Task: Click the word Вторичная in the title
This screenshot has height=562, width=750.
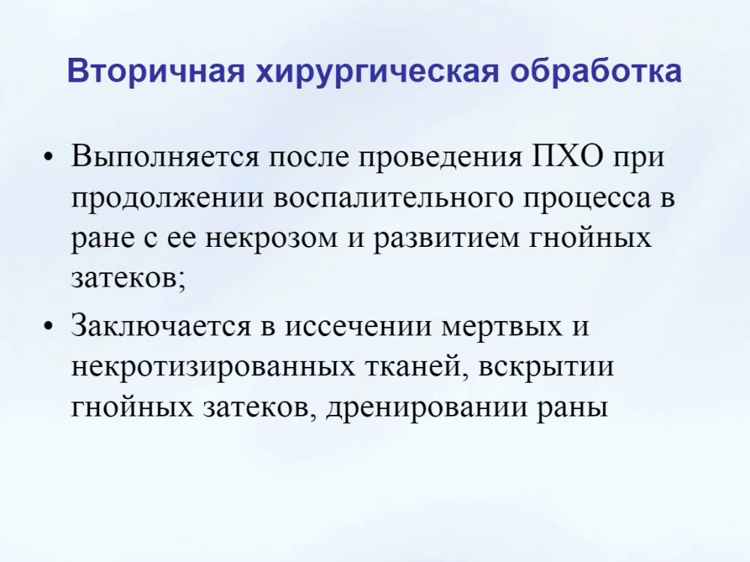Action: pyautogui.click(x=156, y=71)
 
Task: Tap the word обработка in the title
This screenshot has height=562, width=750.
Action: pyautogui.click(x=595, y=70)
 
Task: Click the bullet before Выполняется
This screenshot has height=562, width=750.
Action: pyautogui.click(x=47, y=157)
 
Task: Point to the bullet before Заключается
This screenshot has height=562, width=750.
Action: pyautogui.click(x=47, y=326)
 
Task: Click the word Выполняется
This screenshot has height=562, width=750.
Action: pyautogui.click(x=165, y=156)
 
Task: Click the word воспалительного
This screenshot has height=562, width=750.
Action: pyautogui.click(x=393, y=197)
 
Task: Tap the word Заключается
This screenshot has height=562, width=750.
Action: pyautogui.click(x=161, y=326)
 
